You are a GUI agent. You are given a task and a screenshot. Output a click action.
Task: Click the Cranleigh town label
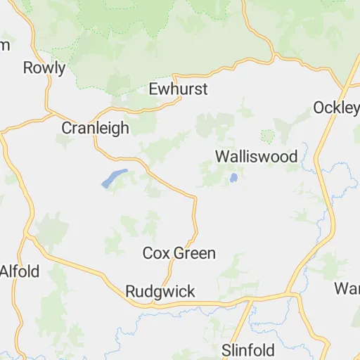tap(96, 128)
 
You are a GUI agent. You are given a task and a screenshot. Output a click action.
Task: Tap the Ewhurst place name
tap(179, 89)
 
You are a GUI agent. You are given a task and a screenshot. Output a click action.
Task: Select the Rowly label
tap(44, 68)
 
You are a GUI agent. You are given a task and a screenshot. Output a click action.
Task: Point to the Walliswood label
tap(256, 156)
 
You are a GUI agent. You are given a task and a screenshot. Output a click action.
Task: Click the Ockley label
tap(336, 108)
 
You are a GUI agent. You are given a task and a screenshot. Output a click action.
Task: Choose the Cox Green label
tap(179, 253)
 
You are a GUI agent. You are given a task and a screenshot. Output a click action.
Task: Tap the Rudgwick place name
tap(160, 291)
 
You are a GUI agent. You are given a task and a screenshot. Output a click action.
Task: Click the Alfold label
tap(20, 271)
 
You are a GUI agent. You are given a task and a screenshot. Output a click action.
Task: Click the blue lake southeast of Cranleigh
tap(114, 178)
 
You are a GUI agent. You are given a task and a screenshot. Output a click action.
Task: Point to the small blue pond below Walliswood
tap(233, 179)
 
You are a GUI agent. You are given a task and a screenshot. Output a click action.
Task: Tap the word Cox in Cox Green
tap(156, 253)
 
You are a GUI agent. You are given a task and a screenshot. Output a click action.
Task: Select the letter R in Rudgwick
tap(130, 291)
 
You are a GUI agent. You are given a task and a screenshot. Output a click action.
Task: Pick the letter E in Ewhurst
tap(154, 89)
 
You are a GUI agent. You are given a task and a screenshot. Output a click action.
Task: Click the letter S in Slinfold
tap(226, 349)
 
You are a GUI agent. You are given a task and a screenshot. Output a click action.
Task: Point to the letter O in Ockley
tap(319, 108)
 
